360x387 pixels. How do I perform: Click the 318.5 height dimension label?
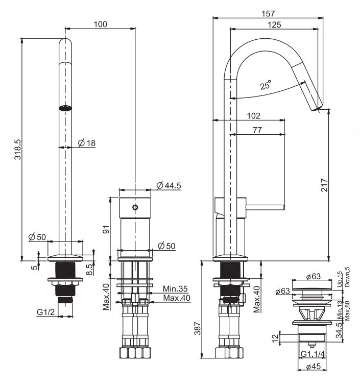point(18,149)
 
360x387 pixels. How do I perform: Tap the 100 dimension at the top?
point(101,24)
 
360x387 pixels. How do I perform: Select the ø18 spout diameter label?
point(87,143)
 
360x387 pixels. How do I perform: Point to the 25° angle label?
point(266,85)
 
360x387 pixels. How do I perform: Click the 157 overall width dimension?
point(268,14)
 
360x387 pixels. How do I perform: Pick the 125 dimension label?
point(274,25)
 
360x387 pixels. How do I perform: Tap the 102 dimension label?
point(254,116)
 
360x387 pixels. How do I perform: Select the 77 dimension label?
point(257,130)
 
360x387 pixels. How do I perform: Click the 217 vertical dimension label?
point(324,185)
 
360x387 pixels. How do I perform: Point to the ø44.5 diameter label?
point(169,185)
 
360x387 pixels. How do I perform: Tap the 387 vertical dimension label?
point(198,328)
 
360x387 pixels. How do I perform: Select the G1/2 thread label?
point(45,312)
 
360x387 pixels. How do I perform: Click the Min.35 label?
point(175,288)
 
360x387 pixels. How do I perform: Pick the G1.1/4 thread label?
point(313,354)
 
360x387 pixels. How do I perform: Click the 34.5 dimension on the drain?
point(339,330)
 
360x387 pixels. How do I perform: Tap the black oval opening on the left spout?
point(65,108)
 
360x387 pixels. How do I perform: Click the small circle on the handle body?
point(135,207)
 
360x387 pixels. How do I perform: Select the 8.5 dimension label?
point(90,270)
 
